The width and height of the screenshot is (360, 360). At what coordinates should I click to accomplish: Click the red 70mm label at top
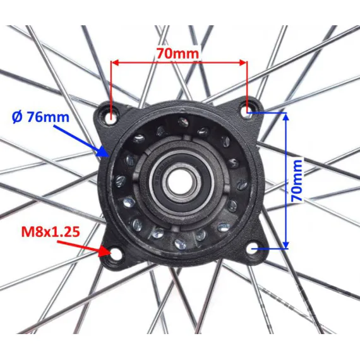[x=177, y=54]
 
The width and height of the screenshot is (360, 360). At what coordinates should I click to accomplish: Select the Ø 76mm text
[x=40, y=117]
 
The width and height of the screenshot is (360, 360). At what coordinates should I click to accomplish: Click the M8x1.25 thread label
[x=51, y=232]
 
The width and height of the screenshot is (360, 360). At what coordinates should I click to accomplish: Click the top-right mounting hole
[x=248, y=110]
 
